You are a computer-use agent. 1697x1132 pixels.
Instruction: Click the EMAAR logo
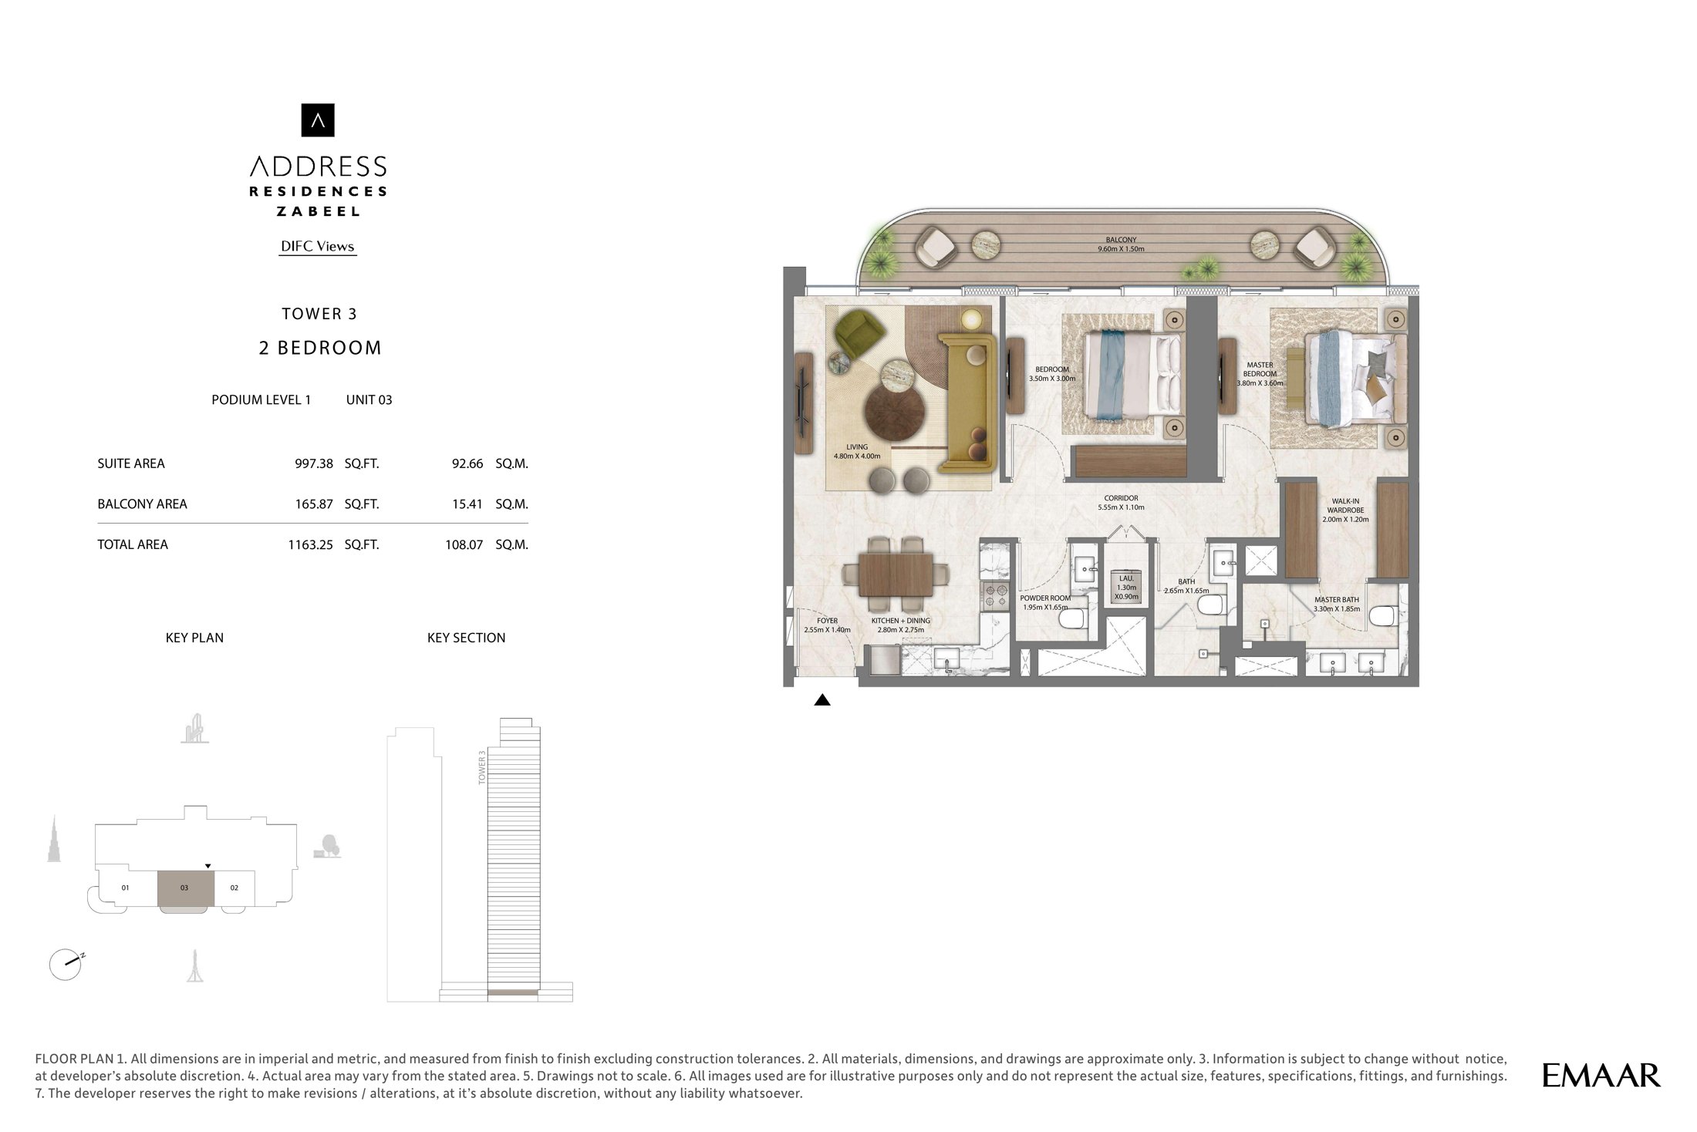tap(1601, 1075)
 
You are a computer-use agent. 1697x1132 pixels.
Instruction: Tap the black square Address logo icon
tap(318, 120)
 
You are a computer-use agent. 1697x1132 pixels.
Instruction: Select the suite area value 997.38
tap(314, 463)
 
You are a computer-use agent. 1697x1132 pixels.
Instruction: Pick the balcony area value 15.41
tap(467, 504)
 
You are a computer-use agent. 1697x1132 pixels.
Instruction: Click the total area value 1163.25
tap(310, 544)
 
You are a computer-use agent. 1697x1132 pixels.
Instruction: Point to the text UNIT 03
tap(369, 399)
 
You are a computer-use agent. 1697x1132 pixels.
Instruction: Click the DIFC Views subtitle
tap(318, 247)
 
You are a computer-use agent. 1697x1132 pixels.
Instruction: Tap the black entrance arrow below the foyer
tap(822, 700)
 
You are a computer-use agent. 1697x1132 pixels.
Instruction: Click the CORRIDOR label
tap(1121, 498)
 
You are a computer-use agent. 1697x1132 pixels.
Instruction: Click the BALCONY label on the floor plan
tap(1121, 240)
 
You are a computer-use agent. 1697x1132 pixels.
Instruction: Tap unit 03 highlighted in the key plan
tap(185, 888)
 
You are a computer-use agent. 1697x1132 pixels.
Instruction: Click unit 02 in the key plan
tap(234, 888)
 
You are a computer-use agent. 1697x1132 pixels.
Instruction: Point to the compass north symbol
tap(66, 964)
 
